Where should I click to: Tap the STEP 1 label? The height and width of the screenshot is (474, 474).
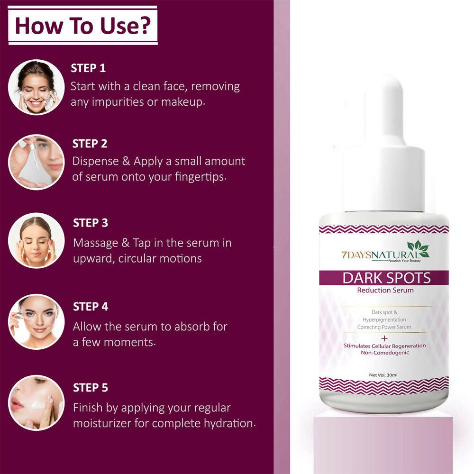tap(88, 68)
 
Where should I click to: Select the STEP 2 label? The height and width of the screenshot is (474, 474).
tap(90, 143)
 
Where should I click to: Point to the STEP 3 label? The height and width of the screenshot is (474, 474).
tap(91, 223)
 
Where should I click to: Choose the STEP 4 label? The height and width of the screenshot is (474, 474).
tap(91, 307)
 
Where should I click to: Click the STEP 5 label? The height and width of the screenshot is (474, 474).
tap(91, 388)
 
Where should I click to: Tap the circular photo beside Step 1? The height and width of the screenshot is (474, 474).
tap(36, 87)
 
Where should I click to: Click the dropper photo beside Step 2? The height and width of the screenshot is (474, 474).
tap(36, 162)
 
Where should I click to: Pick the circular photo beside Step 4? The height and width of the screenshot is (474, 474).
tap(36, 322)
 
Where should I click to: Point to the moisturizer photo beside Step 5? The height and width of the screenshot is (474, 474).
tap(36, 402)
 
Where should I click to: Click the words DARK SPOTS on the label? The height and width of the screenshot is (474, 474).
tap(386, 278)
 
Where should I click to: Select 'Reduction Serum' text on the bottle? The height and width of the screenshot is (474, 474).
tap(385, 290)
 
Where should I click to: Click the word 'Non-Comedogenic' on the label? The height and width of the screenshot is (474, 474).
tap(384, 353)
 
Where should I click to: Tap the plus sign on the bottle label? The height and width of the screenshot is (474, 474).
tap(384, 338)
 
